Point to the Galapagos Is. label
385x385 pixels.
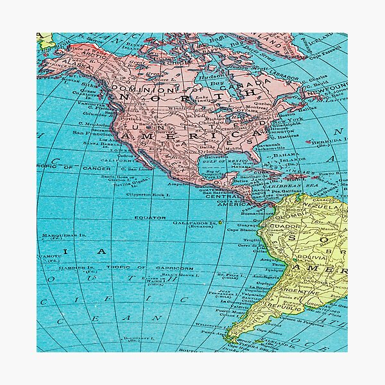pos(193,222)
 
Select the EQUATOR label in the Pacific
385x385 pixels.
pos(149,218)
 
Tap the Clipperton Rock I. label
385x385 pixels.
pos(150,193)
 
